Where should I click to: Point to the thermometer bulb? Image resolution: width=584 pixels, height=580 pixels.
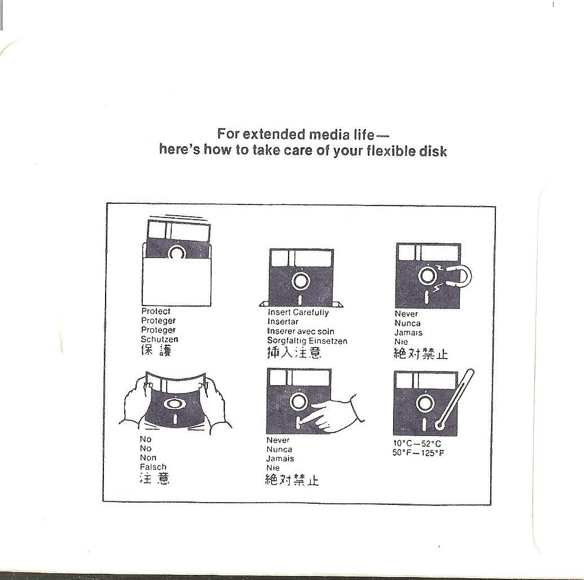439,425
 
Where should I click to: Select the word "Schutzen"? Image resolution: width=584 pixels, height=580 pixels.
159,339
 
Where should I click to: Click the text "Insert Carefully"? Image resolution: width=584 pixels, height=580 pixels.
298,312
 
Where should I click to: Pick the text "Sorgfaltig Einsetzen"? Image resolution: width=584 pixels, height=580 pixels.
307,341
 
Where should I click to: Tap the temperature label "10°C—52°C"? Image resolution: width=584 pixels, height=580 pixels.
417,444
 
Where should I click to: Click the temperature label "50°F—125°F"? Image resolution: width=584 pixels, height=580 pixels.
419,453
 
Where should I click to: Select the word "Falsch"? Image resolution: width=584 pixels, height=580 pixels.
153,467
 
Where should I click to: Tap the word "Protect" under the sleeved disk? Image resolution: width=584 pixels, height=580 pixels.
156,311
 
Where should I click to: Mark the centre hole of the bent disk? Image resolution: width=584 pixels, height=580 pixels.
173,403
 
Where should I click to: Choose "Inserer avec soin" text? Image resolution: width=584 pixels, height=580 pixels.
300,332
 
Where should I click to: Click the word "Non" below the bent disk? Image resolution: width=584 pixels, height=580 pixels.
148,458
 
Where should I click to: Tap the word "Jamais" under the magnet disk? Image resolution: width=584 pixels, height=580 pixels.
408,333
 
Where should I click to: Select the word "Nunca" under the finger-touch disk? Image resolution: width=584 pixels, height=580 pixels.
280,450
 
